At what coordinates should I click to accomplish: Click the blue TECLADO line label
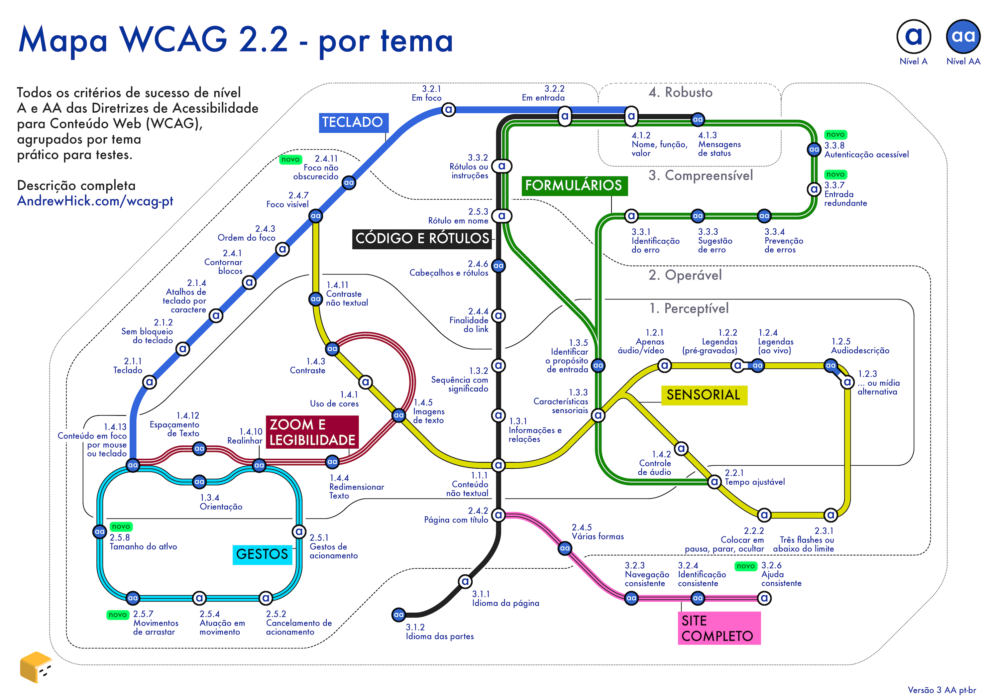click(353, 123)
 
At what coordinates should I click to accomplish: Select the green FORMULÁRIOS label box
click(574, 185)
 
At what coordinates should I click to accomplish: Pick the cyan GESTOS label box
click(262, 554)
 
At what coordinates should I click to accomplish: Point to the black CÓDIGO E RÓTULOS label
click(422, 238)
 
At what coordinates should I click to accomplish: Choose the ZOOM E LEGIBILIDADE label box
click(312, 432)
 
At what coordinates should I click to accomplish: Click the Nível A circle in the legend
click(913, 37)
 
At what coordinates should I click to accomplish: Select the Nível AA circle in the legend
click(963, 37)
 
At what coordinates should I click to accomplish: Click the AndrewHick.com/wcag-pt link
click(95, 201)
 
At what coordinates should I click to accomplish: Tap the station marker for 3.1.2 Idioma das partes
click(398, 615)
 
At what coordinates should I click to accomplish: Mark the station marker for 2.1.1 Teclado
click(149, 382)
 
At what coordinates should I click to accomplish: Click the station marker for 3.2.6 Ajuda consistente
click(764, 598)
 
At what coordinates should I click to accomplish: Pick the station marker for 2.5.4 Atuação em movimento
click(199, 598)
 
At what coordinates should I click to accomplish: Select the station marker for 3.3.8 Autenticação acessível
click(814, 150)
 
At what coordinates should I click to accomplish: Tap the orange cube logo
click(36, 667)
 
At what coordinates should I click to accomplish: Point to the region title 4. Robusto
click(680, 92)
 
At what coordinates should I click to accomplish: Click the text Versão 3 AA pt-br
click(942, 690)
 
